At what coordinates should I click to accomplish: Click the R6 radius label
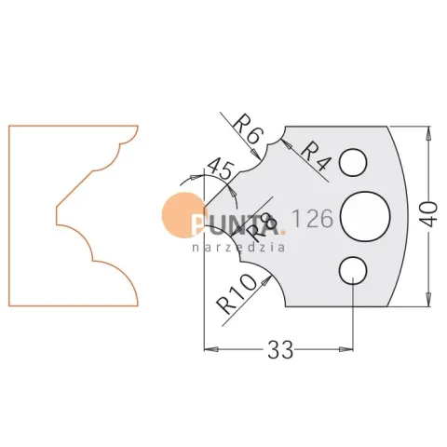point(249,131)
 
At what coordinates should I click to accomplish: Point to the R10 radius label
point(237,294)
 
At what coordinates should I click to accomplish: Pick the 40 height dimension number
point(429,214)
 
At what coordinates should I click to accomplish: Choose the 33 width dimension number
point(280,349)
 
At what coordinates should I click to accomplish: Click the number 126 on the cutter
point(313,218)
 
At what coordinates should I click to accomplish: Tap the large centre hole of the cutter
point(365,216)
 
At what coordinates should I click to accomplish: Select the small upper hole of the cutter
point(353,162)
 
